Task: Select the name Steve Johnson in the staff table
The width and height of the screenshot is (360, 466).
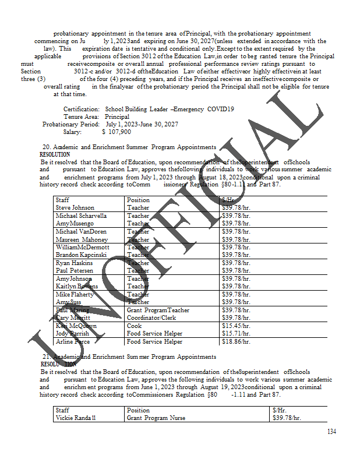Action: tap(75, 208)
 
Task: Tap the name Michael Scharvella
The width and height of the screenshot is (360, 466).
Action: tap(81, 216)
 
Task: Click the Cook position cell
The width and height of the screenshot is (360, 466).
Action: tap(134, 326)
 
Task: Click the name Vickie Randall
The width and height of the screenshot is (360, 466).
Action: tap(76, 418)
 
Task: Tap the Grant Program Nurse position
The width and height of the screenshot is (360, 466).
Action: tap(157, 418)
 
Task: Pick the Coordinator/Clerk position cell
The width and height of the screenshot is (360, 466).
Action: tap(151, 318)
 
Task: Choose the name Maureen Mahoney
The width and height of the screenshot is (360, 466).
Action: tap(82, 239)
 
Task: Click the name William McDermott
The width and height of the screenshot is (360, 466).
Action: tap(82, 247)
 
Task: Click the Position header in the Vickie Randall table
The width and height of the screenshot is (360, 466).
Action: tap(138, 410)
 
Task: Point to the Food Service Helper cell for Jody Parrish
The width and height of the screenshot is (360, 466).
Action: tap(154, 334)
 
